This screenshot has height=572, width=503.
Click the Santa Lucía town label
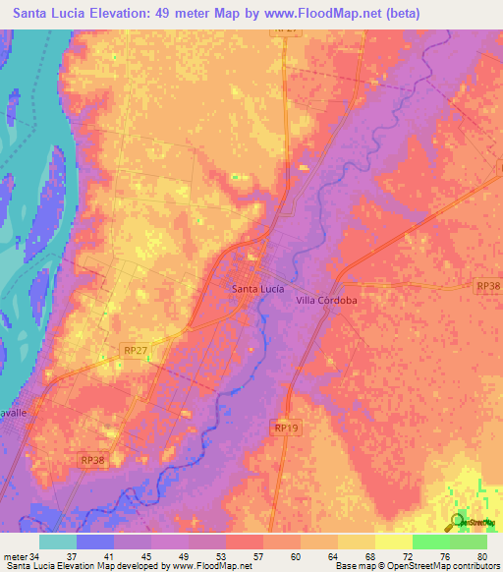point(258,288)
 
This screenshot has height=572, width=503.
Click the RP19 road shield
point(284,428)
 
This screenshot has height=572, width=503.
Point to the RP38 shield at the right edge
point(487,285)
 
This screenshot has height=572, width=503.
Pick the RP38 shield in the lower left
point(91,459)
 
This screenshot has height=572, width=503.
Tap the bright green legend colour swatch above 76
point(431,542)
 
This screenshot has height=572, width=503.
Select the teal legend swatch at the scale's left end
point(58,542)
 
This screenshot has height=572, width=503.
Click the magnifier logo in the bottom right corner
point(459,522)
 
